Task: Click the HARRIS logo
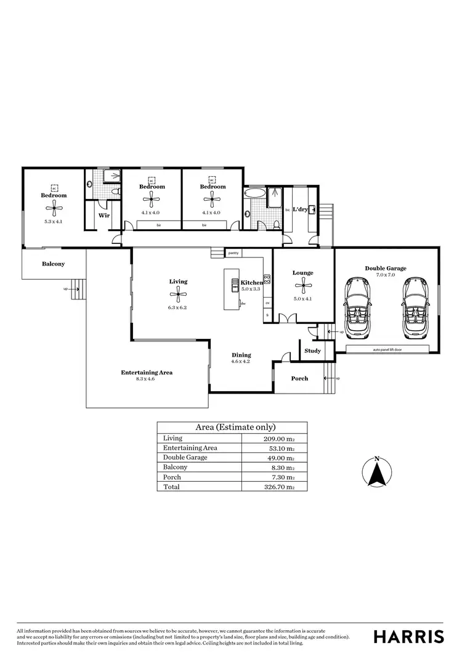pos(409,636)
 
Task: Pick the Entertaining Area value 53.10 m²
pos(275,448)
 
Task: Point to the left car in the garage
pos(357,308)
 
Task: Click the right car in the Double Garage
pos(415,308)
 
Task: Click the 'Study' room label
pos(312,351)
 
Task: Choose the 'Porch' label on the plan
pos(299,378)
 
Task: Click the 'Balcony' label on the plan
pos(53,264)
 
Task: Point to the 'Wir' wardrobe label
pos(104,216)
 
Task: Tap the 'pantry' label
pos(233,253)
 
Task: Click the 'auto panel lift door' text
pos(388,349)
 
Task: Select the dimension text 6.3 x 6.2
pos(178,307)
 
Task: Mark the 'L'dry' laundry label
pos(300,209)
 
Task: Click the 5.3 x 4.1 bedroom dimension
pos(54,221)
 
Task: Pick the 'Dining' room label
pos(241,355)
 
